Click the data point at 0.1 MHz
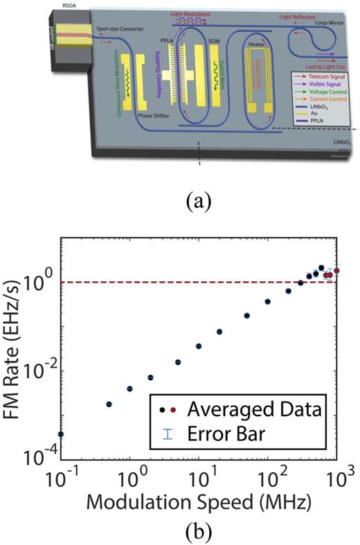click(60, 434)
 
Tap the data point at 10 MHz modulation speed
click(199, 346)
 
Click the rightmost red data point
click(336, 271)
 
